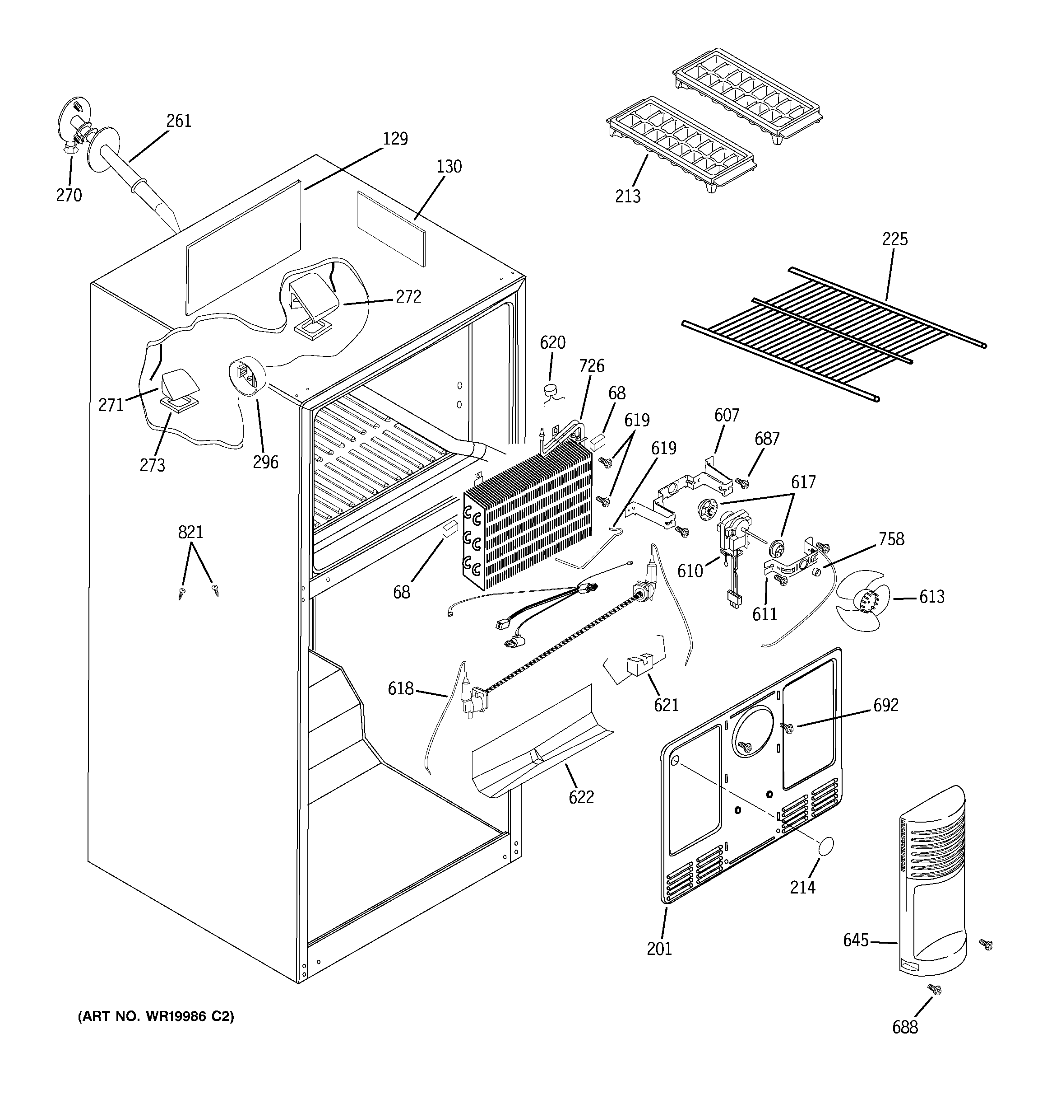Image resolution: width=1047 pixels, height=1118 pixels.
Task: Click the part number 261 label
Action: (x=179, y=121)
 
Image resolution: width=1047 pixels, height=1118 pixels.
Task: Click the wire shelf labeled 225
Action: (x=832, y=332)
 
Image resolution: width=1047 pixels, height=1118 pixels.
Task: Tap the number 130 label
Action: (x=449, y=167)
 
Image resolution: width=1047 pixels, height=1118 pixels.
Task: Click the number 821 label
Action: (x=190, y=532)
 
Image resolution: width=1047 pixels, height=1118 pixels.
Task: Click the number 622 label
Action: (x=581, y=797)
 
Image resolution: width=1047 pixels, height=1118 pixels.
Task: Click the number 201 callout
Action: (x=659, y=949)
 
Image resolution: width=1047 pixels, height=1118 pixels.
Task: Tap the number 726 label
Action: (x=592, y=365)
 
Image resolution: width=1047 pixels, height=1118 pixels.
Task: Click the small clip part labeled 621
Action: (x=639, y=664)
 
